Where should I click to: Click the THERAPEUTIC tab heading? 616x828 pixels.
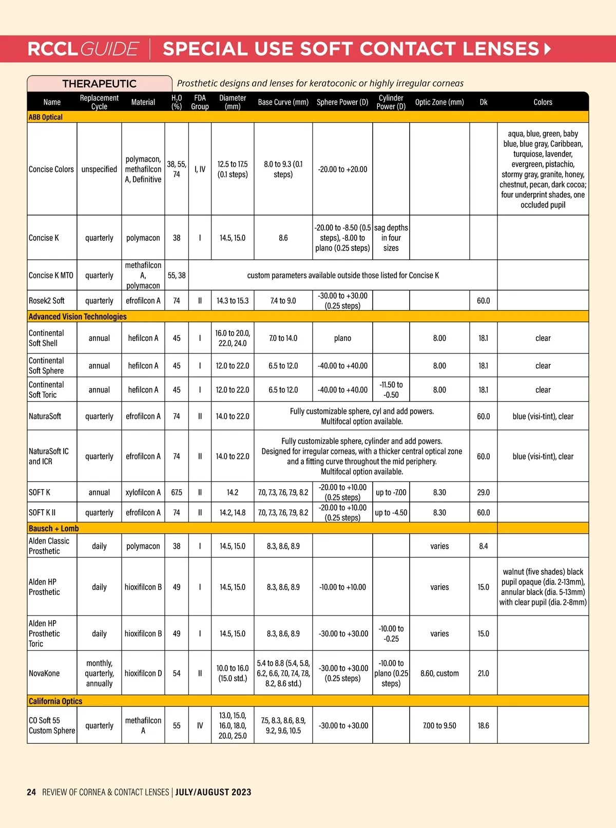click(99, 84)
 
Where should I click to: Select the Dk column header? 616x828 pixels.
click(484, 102)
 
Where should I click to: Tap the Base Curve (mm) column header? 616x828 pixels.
click(283, 102)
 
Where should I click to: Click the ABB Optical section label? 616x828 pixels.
click(46, 117)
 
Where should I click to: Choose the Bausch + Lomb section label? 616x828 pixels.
click(54, 528)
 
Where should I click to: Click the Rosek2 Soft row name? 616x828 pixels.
click(47, 301)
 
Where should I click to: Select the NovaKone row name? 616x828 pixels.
click(44, 673)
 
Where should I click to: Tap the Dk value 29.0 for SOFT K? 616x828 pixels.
click(484, 492)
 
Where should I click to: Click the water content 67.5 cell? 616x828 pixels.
click(177, 492)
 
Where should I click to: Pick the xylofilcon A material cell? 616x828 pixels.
click(143, 492)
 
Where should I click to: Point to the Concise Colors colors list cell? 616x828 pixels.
click(543, 169)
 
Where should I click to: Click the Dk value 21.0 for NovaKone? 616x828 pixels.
click(484, 673)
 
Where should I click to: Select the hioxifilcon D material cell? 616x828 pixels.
click(143, 673)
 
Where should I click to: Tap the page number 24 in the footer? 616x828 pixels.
click(31, 792)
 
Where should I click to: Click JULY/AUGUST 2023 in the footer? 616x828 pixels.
click(214, 792)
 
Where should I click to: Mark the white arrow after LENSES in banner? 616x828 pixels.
click(547, 49)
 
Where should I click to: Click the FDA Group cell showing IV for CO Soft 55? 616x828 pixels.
click(200, 726)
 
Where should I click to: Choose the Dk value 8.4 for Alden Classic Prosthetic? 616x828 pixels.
click(484, 546)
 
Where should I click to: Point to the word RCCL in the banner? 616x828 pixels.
click(53, 49)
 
